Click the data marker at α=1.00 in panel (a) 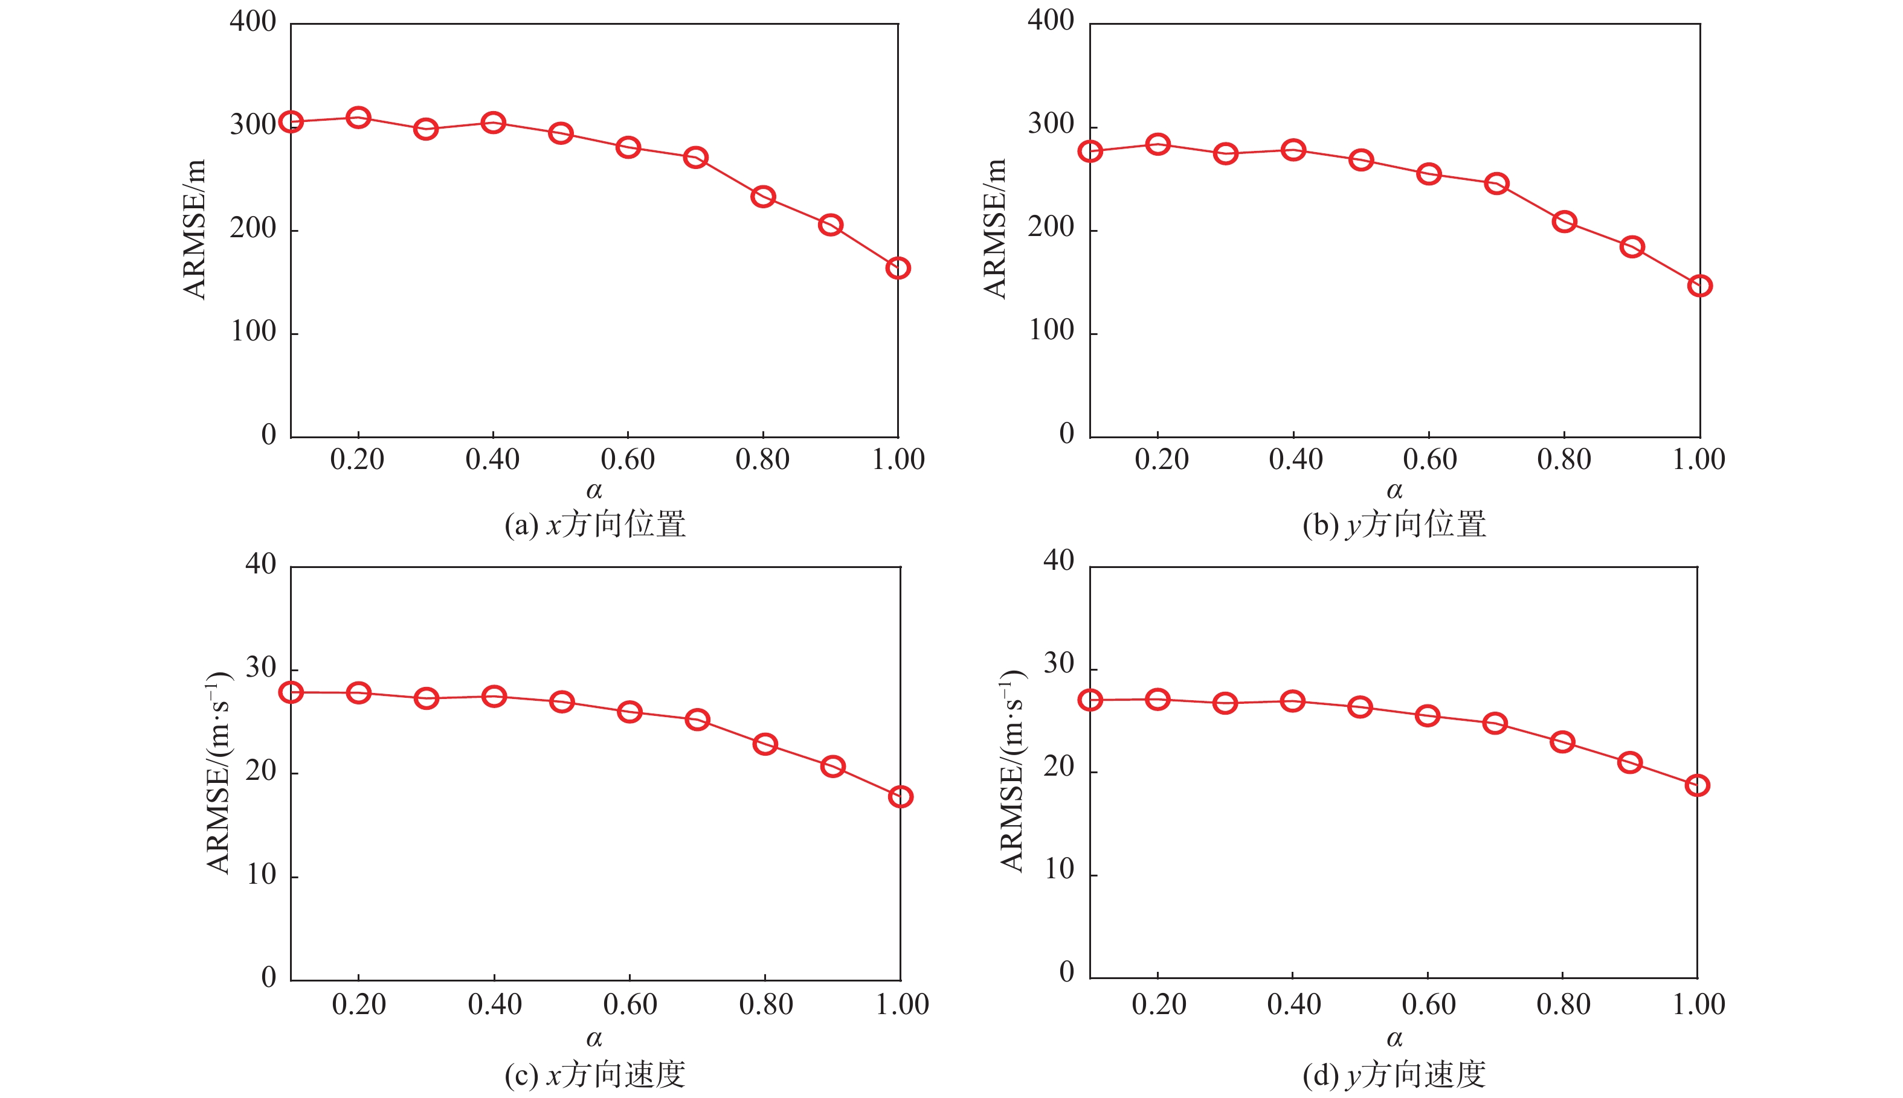897,268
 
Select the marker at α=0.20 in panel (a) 358,118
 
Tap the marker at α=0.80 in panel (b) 1564,221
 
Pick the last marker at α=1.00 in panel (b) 1699,285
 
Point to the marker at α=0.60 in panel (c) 630,712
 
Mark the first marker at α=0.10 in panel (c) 291,692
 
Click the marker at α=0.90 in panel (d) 1630,762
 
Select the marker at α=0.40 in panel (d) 1293,701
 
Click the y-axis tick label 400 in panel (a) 253,21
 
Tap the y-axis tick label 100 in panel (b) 1051,330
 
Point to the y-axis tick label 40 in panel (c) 261,564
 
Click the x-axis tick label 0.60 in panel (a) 628,459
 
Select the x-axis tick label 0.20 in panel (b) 1161,459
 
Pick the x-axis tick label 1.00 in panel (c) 902,1004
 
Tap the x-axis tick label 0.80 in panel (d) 1563,1004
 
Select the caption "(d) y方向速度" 1394,1074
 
